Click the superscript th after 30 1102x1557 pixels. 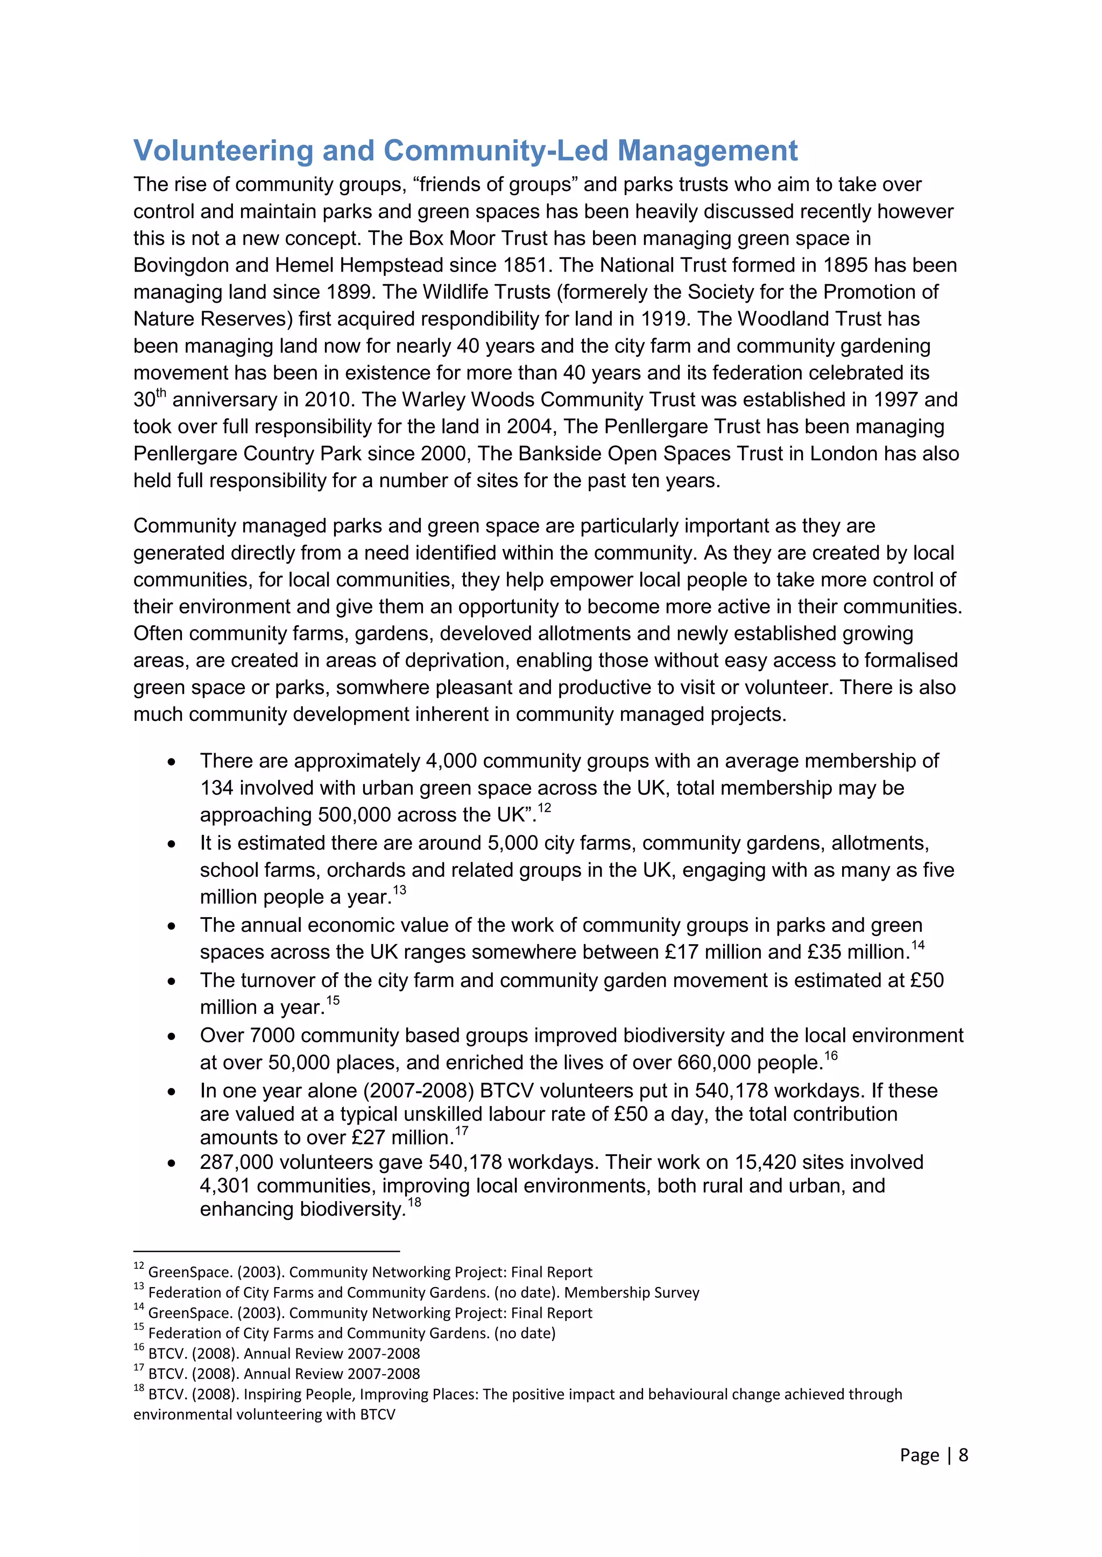pos(161,392)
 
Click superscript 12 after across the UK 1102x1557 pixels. pos(544,808)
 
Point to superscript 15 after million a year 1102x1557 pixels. pos(333,1000)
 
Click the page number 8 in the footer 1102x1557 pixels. pos(963,1455)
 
